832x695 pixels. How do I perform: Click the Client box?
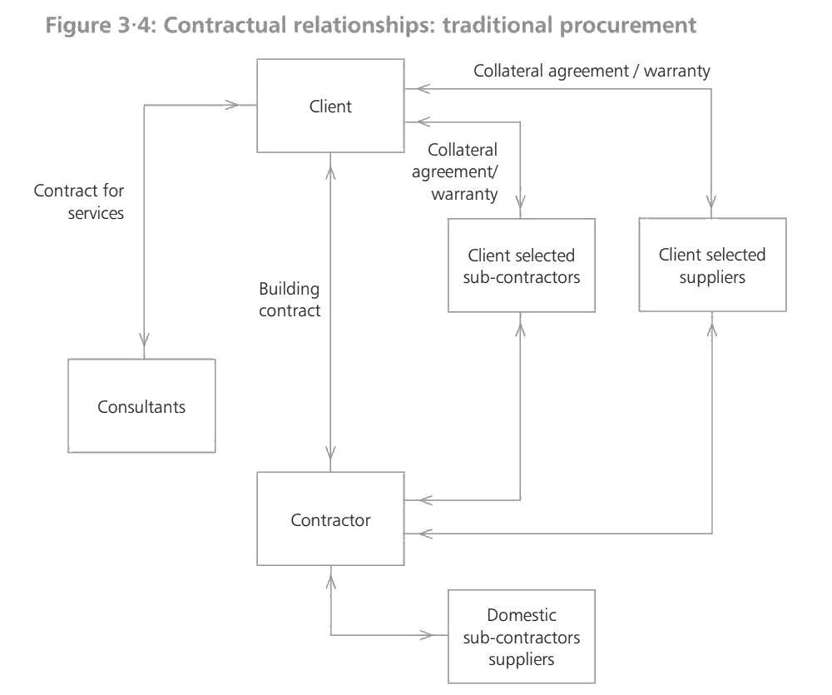click(x=330, y=106)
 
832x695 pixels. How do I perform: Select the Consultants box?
click(x=141, y=406)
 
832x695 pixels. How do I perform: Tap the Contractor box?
click(x=330, y=520)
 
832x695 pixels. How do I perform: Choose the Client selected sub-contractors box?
click(x=522, y=266)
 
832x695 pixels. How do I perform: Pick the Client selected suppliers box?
click(x=712, y=266)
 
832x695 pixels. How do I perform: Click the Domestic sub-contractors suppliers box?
click(x=522, y=637)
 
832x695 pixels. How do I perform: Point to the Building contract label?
click(x=290, y=300)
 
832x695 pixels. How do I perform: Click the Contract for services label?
click(x=79, y=201)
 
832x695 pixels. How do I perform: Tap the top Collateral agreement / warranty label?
click(x=592, y=71)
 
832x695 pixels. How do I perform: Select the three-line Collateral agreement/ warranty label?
click(x=463, y=172)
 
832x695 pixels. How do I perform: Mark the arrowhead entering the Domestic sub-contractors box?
click(x=427, y=636)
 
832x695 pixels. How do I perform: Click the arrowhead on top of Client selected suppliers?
click(x=712, y=202)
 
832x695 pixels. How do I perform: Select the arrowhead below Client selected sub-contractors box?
click(x=521, y=329)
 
